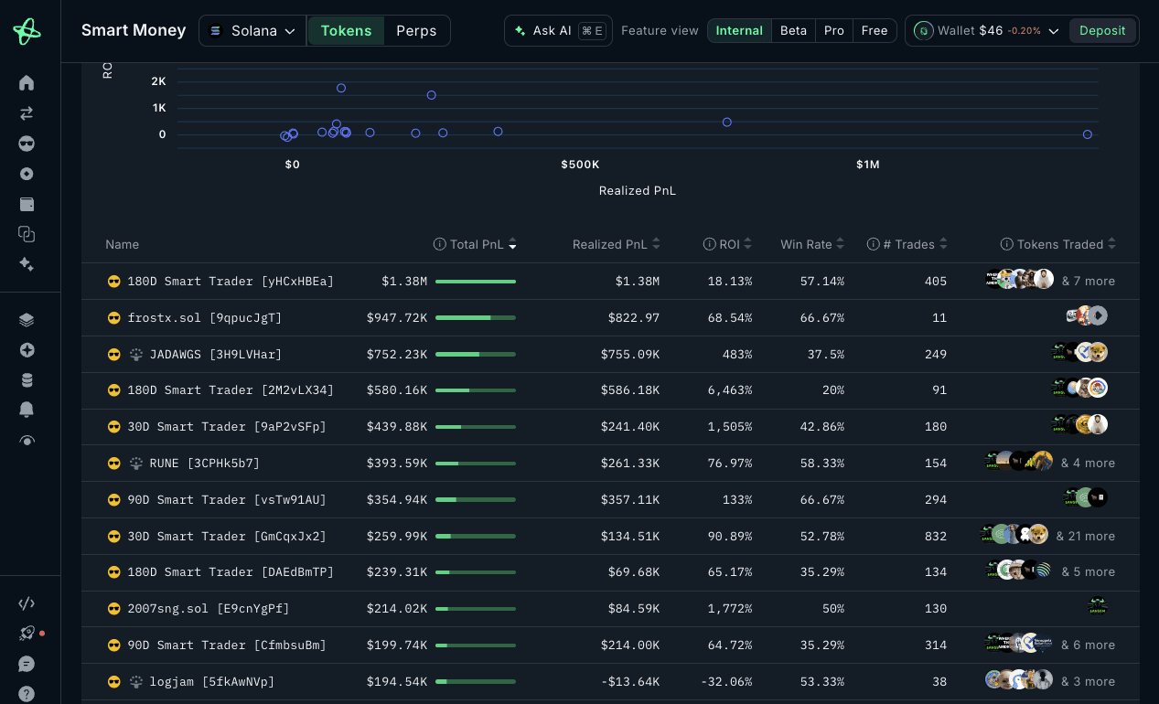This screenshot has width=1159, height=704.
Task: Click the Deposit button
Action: tap(1102, 30)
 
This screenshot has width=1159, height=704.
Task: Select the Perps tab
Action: tap(416, 30)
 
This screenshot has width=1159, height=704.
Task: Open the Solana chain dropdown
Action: tap(252, 30)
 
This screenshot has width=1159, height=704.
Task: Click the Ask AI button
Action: tap(558, 30)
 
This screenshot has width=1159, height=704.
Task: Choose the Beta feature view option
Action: tap(793, 30)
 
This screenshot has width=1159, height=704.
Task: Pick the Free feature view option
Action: tap(875, 30)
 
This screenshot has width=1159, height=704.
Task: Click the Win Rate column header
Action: tap(811, 244)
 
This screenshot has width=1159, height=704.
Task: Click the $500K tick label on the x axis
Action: tap(580, 165)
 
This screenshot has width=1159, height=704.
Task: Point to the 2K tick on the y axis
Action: tap(159, 81)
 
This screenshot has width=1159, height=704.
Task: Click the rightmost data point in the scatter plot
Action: tap(1087, 134)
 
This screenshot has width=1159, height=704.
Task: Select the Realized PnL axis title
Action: tap(637, 191)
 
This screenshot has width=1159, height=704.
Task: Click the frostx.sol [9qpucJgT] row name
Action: tap(205, 317)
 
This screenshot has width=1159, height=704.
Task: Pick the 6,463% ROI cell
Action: tap(730, 390)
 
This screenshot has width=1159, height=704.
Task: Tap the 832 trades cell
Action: tap(936, 536)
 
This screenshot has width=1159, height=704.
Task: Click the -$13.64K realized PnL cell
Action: tap(630, 682)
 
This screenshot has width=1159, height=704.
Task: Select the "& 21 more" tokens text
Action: tap(1086, 536)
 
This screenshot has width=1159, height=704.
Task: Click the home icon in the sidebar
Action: tap(27, 83)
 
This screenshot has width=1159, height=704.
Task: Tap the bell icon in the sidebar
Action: tap(27, 410)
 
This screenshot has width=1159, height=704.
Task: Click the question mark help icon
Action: tap(27, 694)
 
